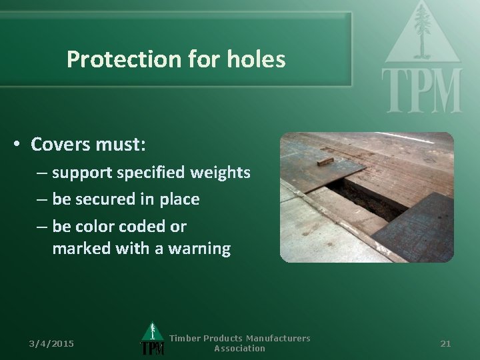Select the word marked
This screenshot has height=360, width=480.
tap(77, 249)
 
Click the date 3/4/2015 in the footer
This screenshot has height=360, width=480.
tap(52, 343)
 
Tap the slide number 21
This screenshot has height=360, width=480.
tap(446, 343)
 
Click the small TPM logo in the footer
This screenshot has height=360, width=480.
tap(153, 340)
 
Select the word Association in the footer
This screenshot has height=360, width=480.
tap(239, 349)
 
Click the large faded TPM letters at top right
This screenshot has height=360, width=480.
tap(421, 90)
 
